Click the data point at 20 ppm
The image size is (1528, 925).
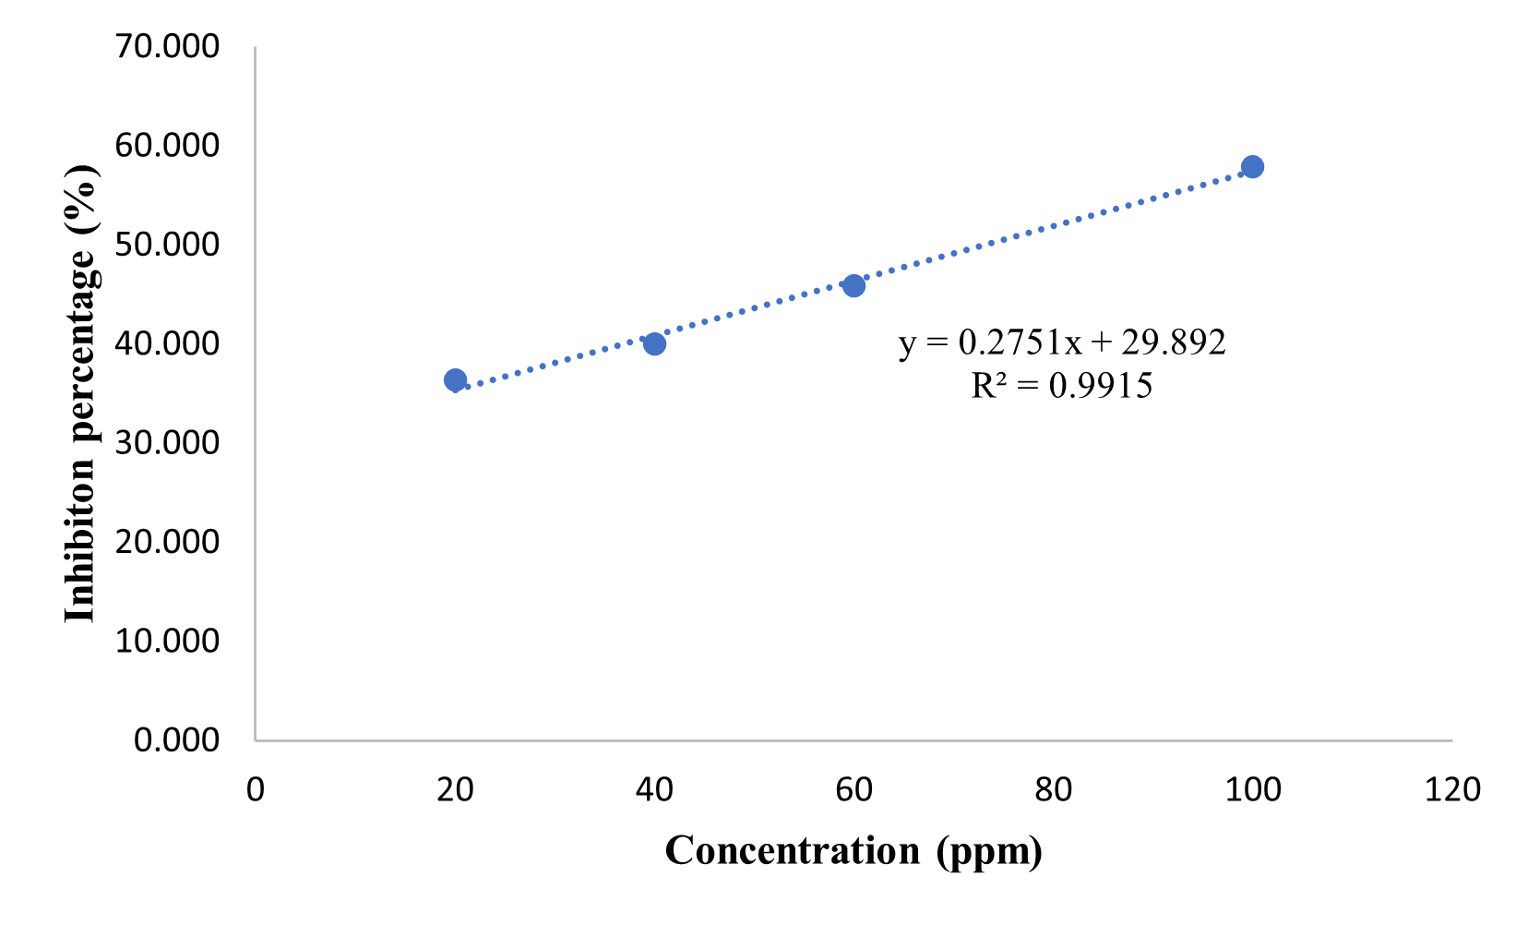click(455, 380)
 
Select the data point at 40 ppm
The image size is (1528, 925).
click(654, 344)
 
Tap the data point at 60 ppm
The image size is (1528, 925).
click(854, 285)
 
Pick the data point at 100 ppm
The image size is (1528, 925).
click(1252, 167)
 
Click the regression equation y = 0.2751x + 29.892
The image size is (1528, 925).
click(1062, 342)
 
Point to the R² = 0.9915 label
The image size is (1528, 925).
click(1062, 385)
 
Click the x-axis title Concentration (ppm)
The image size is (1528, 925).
click(854, 850)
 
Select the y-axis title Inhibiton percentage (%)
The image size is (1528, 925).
click(81, 393)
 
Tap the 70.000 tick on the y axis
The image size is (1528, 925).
click(167, 45)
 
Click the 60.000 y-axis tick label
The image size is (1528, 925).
click(167, 145)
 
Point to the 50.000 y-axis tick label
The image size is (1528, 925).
click(167, 244)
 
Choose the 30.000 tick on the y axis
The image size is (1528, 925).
click(167, 442)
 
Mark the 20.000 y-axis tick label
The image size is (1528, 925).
click(167, 541)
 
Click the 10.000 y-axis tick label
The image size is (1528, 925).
click(167, 640)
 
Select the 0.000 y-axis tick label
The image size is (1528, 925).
click(176, 739)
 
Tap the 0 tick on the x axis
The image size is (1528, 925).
click(256, 790)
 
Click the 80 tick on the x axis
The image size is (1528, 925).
click(1053, 790)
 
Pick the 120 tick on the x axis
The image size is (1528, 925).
click(1452, 790)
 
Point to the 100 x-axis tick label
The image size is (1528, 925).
click(1252, 790)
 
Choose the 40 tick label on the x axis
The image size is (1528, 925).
click(654, 790)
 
